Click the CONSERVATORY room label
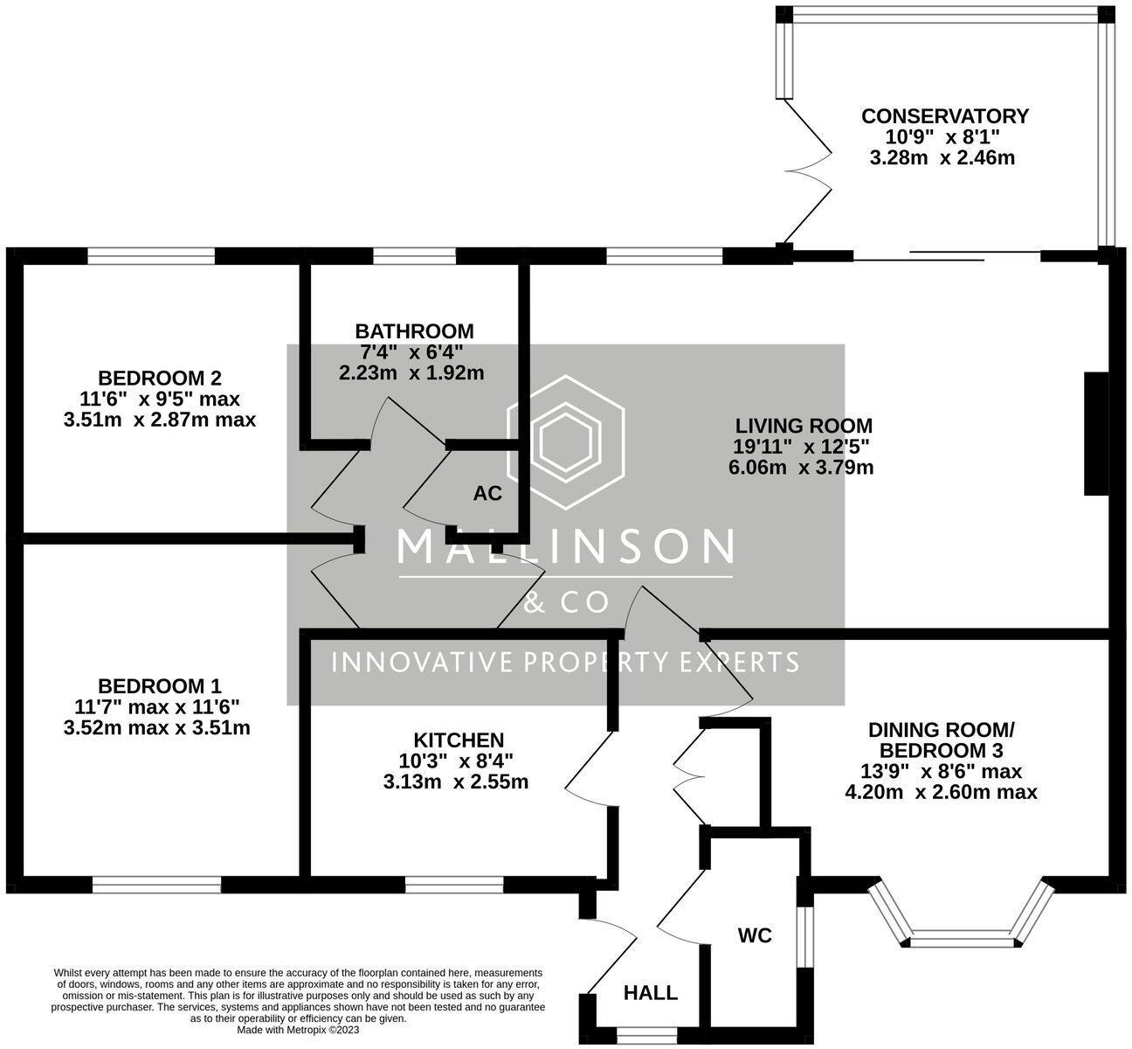(944, 116)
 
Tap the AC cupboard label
(487, 493)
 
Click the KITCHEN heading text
(459, 740)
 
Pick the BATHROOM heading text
(414, 331)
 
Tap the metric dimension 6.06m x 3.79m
(801, 468)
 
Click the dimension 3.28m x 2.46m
(942, 157)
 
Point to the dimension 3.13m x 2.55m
(456, 782)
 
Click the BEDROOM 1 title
(160, 685)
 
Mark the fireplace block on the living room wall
(1096, 434)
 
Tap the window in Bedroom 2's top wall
(151, 256)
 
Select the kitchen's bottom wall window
(454, 885)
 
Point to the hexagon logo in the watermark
(565, 442)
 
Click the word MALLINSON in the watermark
(565, 546)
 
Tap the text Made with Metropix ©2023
(298, 1030)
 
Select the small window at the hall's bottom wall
(647, 1035)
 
